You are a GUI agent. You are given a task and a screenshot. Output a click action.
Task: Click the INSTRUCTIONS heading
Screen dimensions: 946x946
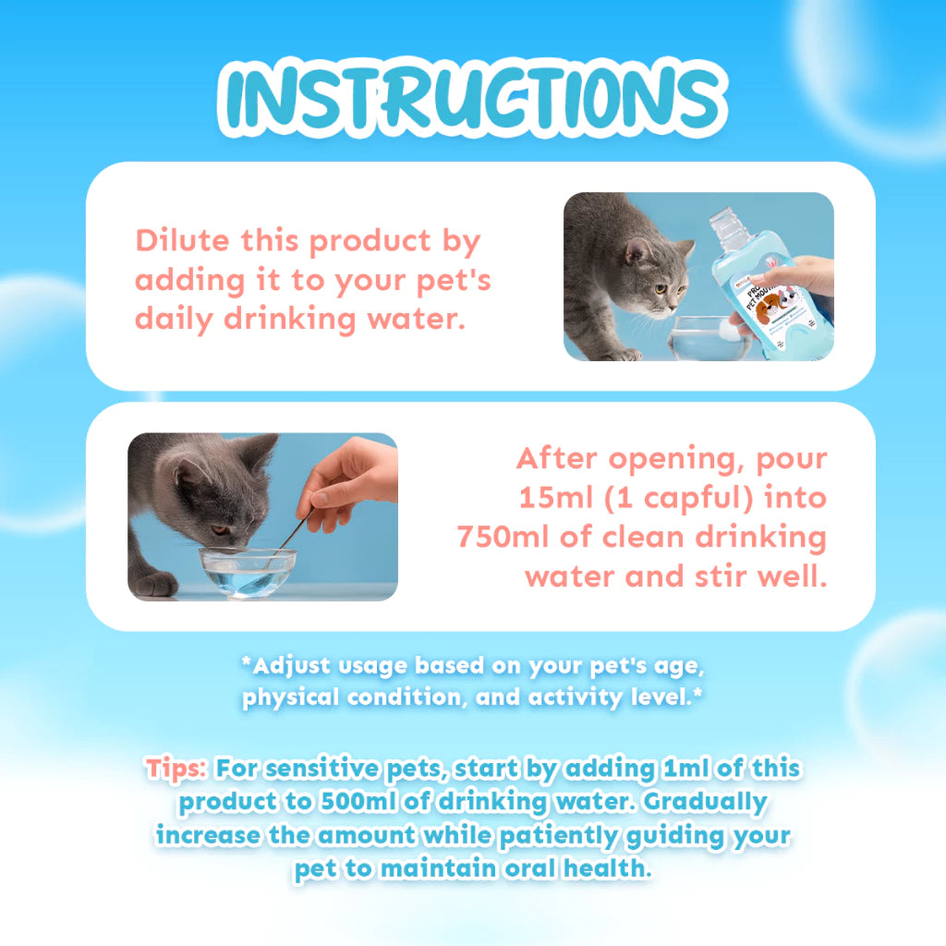(472, 100)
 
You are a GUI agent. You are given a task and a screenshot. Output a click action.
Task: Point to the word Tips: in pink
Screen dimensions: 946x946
(177, 769)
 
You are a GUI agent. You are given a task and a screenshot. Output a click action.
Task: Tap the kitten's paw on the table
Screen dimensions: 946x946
(154, 583)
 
